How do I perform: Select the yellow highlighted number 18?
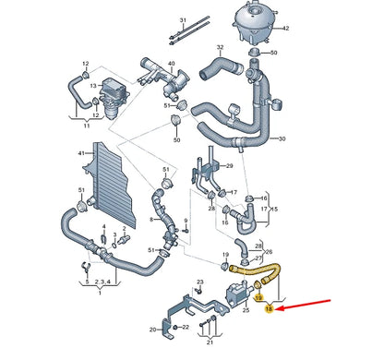(269, 311)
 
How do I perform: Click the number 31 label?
(183, 19)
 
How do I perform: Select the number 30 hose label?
(282, 138)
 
